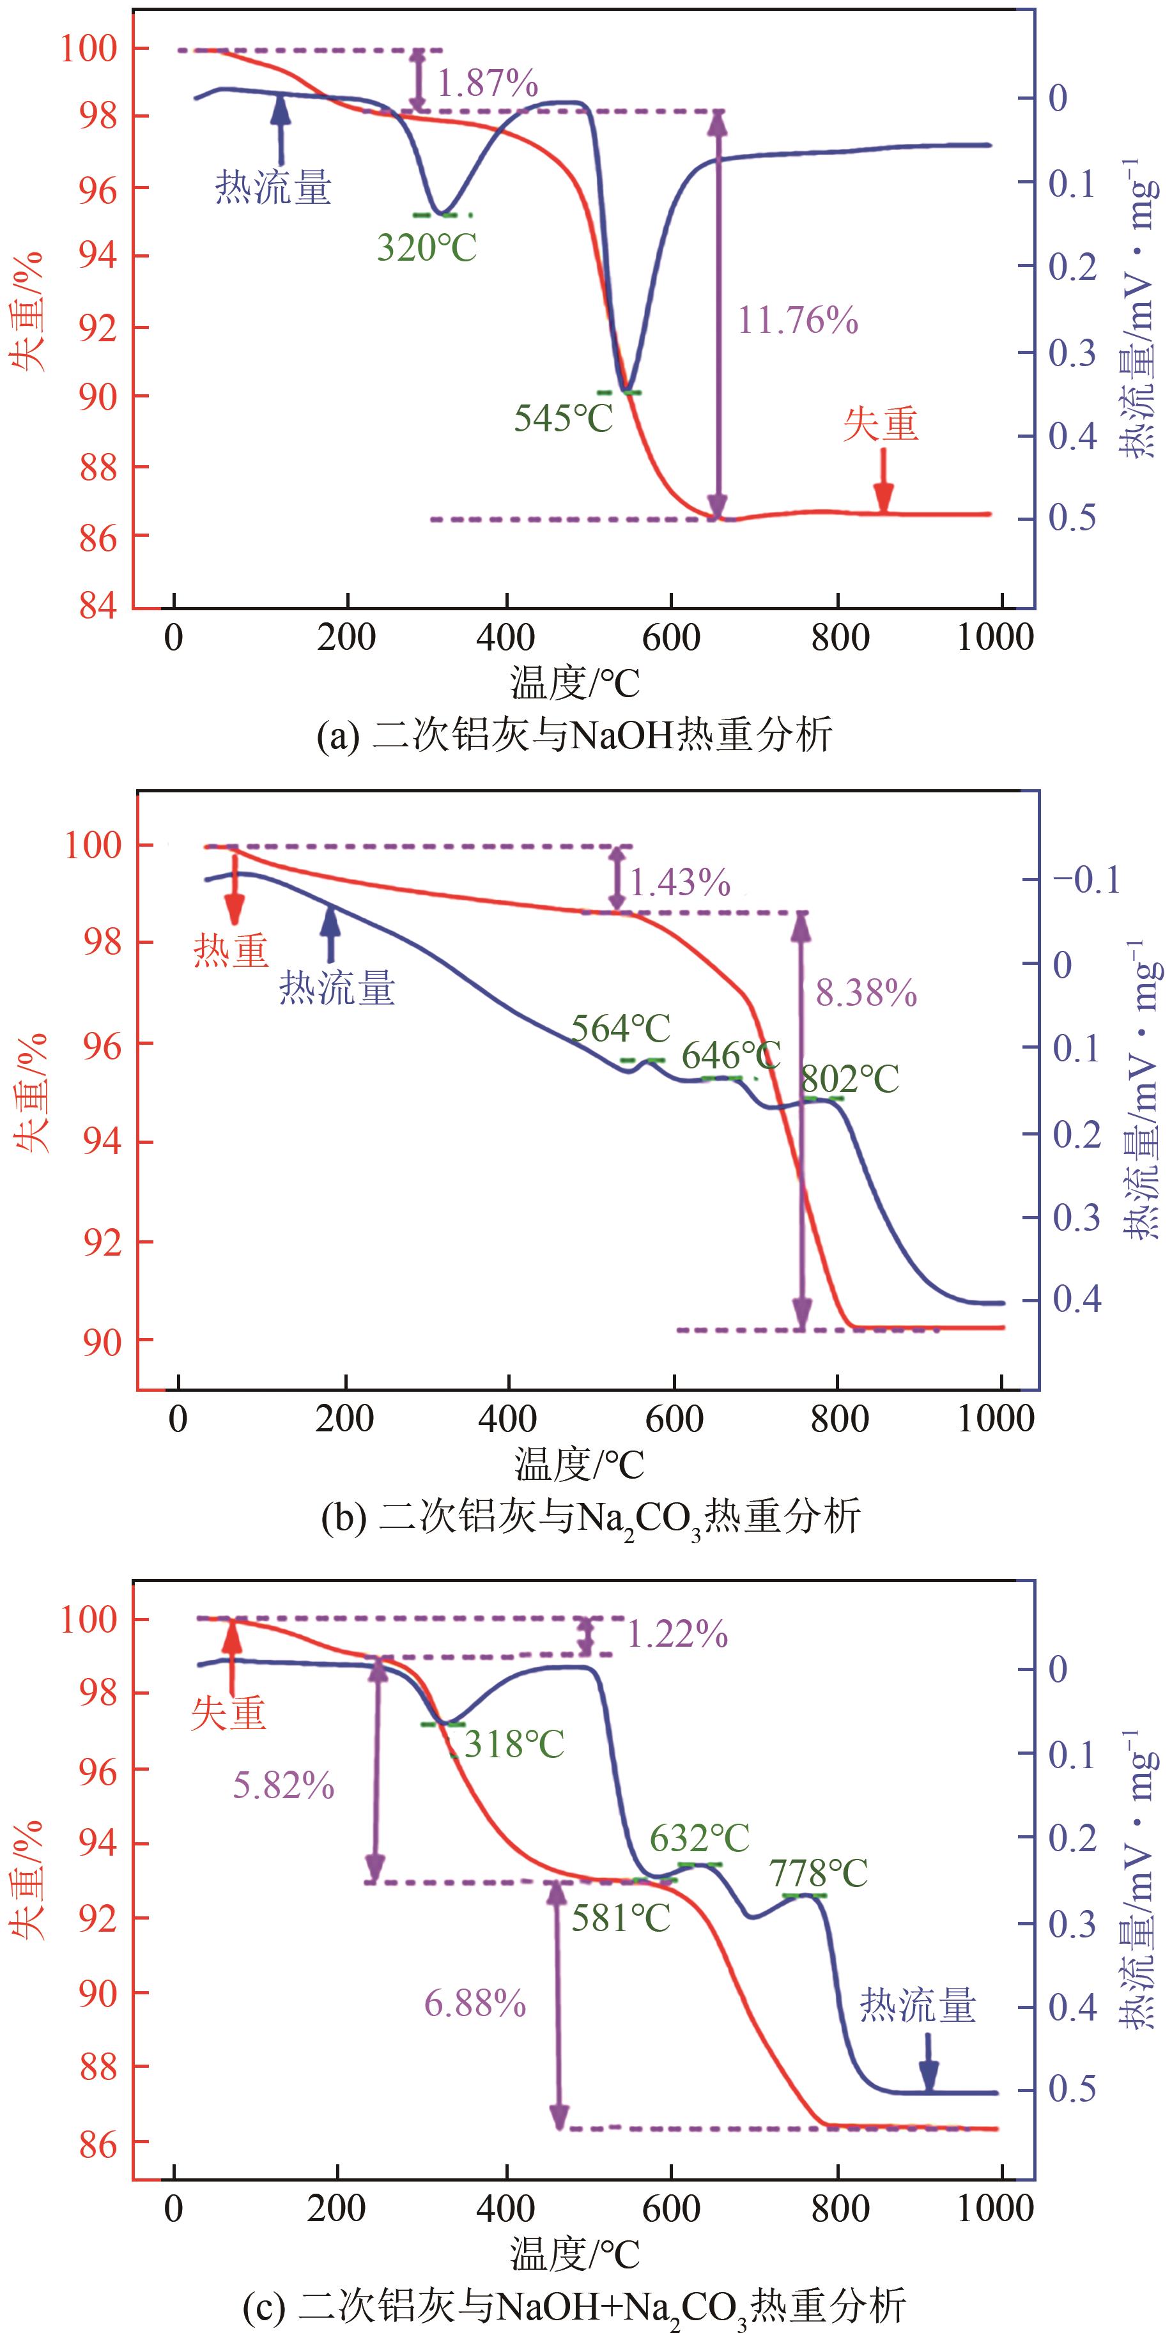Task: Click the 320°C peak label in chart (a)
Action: [427, 247]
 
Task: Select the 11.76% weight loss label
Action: [797, 321]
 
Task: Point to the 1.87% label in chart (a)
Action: [488, 84]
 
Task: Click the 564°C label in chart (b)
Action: [621, 1028]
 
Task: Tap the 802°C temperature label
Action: [849, 1079]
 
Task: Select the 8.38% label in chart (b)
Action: [866, 994]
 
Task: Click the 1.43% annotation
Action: [679, 882]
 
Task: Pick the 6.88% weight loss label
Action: [475, 2005]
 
